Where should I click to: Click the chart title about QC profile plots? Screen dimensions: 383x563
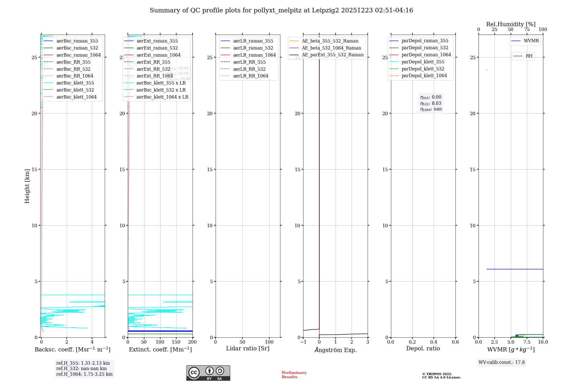[281, 10]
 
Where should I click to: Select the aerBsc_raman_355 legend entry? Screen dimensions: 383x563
[77, 41]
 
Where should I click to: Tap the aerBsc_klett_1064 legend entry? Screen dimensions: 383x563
[76, 97]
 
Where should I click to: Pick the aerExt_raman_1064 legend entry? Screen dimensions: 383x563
[158, 55]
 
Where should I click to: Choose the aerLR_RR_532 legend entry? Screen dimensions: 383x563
[249, 69]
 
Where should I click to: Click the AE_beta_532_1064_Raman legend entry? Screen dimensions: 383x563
[331, 48]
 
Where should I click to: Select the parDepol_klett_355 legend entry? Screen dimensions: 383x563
[423, 62]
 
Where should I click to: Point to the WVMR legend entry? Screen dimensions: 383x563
[531, 41]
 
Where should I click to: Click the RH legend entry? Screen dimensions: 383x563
[529, 56]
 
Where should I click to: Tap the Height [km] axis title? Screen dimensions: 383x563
[27, 186]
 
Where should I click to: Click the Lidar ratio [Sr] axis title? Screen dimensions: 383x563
[248, 348]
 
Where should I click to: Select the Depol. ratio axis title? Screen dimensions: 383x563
[423, 348]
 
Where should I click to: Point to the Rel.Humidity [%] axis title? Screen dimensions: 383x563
[511, 24]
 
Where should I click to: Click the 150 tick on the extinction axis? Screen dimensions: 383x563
[176, 342]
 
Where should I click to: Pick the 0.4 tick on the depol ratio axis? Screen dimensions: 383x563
[434, 342]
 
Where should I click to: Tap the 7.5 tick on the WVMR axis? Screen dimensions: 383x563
[527, 342]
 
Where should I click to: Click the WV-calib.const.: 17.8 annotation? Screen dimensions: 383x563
[501, 362]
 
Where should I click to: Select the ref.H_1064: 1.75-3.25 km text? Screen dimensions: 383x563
[84, 374]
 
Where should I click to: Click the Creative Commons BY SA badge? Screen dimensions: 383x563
[208, 373]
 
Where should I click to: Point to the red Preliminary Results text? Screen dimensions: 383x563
[294, 375]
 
